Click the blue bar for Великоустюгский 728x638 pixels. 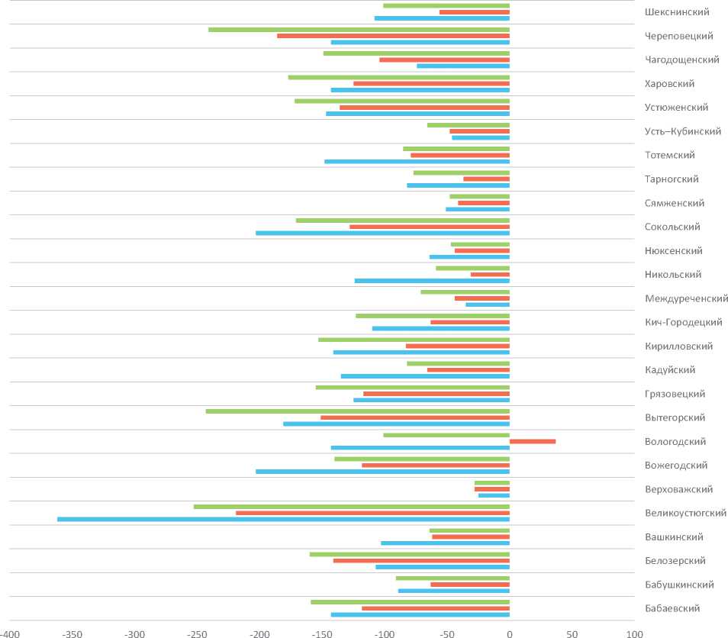(283, 519)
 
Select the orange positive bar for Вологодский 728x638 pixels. (533, 441)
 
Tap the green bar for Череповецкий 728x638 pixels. (359, 30)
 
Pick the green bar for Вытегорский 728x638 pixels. (357, 411)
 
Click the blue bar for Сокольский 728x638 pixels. (382, 233)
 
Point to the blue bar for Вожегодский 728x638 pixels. (382, 472)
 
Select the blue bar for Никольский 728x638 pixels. (432, 280)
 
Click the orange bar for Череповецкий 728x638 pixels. (393, 36)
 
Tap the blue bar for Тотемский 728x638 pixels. (417, 161)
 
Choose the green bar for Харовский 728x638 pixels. (398, 77)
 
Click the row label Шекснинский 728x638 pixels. (676, 12)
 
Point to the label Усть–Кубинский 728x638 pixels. (682, 131)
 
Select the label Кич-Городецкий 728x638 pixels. (683, 322)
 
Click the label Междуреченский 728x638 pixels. (686, 298)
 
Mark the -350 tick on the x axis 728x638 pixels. (72, 633)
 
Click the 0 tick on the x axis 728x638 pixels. (509, 633)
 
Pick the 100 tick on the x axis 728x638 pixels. (634, 633)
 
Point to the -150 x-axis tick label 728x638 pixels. (321, 633)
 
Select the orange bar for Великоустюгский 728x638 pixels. (372, 513)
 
